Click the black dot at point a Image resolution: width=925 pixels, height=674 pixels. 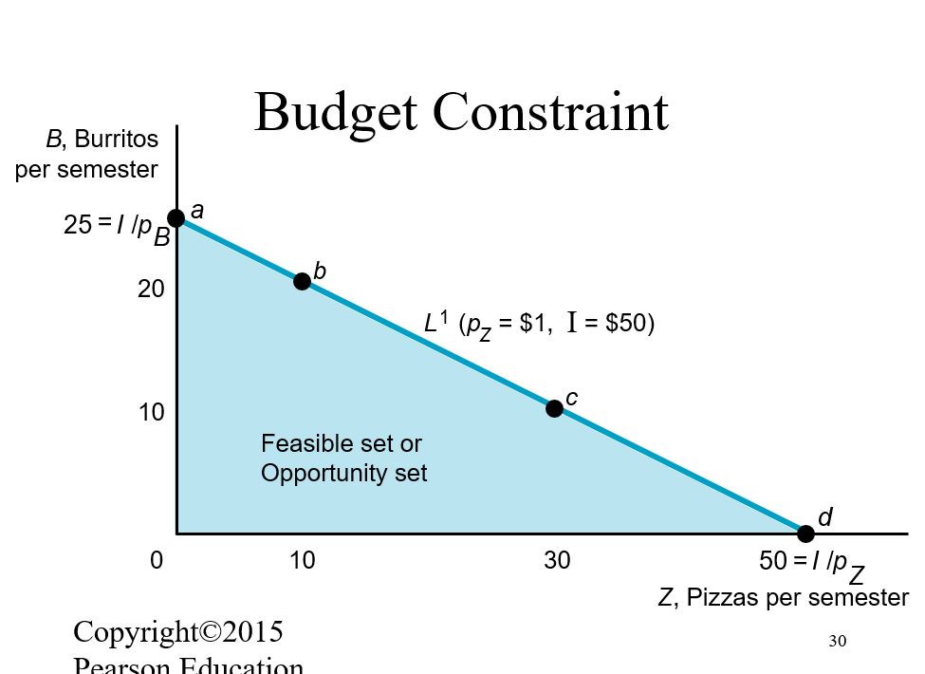176,219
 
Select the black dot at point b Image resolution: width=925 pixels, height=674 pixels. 302,281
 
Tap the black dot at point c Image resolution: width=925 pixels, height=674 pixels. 555,408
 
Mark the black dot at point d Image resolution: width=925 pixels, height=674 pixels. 805,534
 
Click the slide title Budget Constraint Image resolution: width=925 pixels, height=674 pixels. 461,112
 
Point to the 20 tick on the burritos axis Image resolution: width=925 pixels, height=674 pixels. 152,290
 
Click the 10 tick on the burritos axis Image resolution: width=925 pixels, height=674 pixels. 152,413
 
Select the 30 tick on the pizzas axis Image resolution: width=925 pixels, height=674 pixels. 557,561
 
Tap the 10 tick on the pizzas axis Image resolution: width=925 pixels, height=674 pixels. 302,561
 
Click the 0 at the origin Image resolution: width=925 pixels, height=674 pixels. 156,561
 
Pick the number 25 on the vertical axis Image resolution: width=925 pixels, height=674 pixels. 78,225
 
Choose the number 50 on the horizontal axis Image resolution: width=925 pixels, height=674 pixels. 773,561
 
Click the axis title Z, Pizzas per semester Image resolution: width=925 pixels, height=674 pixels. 783,598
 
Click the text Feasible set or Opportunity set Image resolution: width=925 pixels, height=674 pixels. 343,459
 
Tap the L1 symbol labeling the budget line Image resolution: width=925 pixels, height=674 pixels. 435,323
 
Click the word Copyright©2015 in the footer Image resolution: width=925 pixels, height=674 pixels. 178,631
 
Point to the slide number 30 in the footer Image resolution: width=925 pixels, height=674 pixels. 837,641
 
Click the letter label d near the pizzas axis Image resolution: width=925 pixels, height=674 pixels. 824,517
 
